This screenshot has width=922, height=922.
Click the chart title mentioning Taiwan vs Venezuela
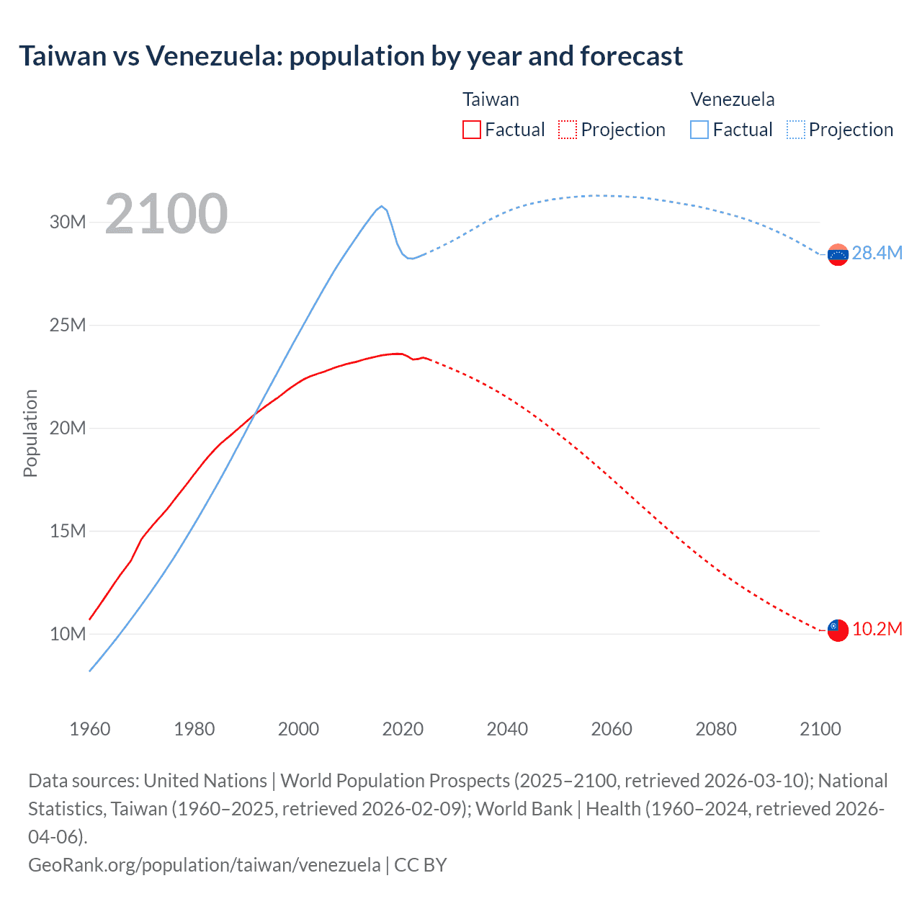350,56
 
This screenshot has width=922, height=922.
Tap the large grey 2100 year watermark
166,214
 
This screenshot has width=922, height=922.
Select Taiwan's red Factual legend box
471,130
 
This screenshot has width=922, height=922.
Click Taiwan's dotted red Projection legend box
568,130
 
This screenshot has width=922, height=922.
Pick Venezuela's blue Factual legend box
699,130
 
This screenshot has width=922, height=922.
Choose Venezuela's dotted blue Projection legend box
795,130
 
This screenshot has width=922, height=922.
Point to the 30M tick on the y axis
68,222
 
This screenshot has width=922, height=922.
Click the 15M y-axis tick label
68,532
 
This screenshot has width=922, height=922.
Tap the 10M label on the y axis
68,635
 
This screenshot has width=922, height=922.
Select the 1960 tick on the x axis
90,729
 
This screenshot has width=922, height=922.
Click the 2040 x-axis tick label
507,729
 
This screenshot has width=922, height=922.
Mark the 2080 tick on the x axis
716,729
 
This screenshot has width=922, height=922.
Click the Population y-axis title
30,433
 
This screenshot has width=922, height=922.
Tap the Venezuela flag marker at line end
838,254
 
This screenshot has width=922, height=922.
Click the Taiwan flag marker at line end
838,630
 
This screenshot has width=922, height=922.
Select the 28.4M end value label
877,253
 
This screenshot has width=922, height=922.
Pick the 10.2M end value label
877,630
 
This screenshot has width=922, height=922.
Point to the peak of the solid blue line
382,206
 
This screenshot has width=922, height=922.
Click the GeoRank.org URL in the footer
204,865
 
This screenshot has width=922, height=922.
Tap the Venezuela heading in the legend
733,99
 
